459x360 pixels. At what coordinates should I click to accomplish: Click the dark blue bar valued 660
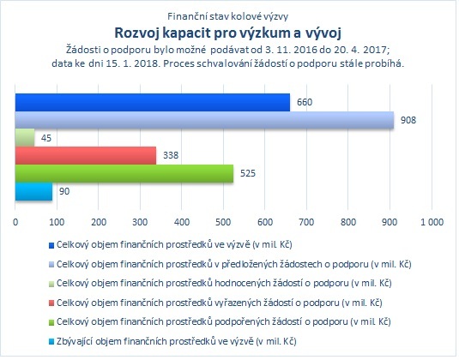(153, 102)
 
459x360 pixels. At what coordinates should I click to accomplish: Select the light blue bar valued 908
(204, 120)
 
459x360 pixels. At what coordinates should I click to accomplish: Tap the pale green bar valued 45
(25, 138)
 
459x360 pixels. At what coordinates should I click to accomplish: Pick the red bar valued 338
(86, 156)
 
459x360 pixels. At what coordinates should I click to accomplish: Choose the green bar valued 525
(124, 173)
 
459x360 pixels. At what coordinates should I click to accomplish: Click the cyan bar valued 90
(33, 191)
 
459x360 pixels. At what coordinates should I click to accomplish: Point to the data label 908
(408, 120)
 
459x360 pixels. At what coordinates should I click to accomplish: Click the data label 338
(171, 155)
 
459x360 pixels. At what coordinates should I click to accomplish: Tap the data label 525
(248, 173)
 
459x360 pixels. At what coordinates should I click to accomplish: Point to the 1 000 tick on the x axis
(432, 222)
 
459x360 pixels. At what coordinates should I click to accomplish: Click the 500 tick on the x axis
(223, 222)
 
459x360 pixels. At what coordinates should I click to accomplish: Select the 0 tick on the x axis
(15, 222)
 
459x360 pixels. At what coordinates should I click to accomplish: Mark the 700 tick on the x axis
(306, 222)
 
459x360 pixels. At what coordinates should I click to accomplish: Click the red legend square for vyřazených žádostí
(51, 303)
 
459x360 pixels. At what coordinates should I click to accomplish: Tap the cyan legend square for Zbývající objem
(51, 342)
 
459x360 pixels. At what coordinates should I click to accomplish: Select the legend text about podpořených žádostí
(224, 322)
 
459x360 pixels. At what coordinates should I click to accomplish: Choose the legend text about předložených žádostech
(234, 264)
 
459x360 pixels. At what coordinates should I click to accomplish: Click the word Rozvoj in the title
(136, 33)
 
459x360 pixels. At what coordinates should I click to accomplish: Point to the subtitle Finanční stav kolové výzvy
(227, 16)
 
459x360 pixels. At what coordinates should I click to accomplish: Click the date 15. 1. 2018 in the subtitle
(133, 63)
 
